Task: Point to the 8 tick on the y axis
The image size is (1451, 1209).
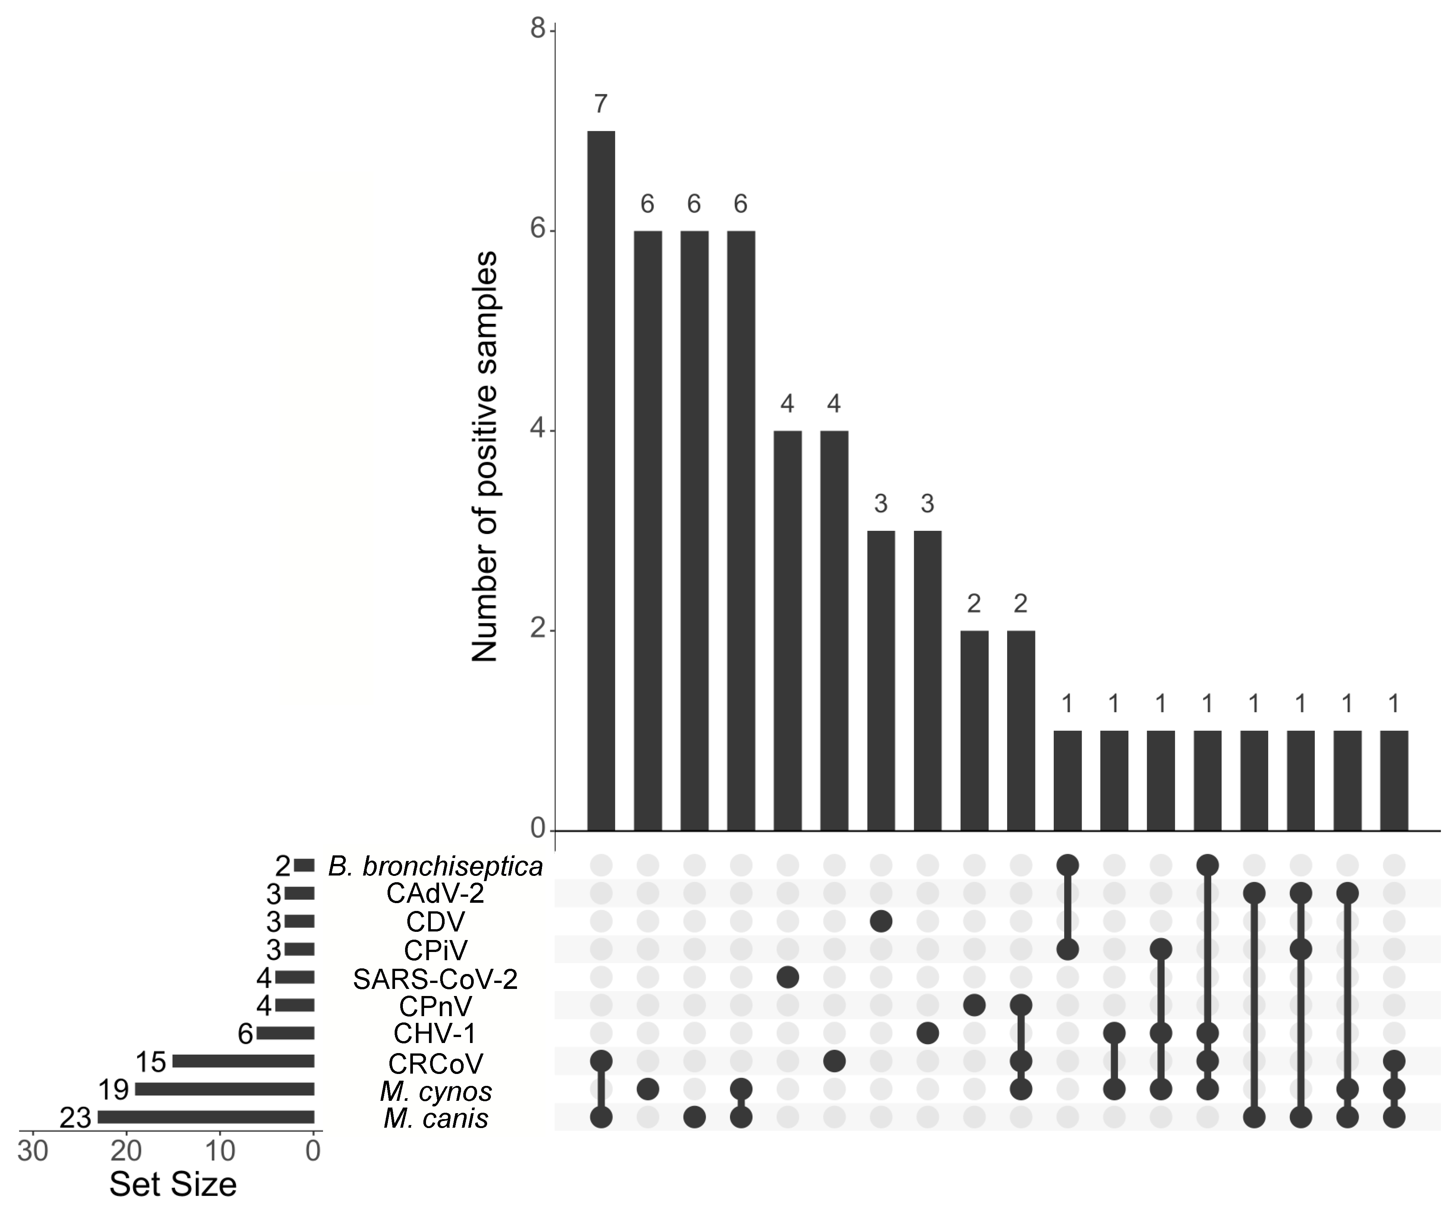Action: pos(538,30)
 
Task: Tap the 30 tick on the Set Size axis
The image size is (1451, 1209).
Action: pos(32,1152)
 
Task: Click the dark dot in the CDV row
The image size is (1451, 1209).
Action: pos(880,922)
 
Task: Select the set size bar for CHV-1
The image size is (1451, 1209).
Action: pos(285,1034)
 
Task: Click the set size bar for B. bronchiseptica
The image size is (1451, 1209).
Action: pos(304,866)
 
